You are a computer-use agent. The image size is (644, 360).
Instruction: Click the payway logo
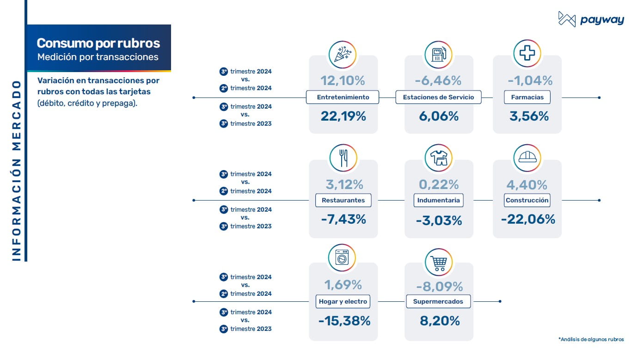(x=591, y=19)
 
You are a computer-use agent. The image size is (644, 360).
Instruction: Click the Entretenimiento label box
(x=343, y=98)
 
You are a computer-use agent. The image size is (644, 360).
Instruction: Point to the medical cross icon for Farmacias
(x=527, y=54)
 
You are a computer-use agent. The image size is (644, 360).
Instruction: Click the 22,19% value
(x=343, y=116)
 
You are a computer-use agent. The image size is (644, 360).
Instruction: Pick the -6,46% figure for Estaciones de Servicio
(x=438, y=81)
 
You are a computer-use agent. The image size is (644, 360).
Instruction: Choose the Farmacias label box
(x=527, y=98)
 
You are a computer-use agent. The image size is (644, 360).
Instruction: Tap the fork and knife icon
(x=343, y=158)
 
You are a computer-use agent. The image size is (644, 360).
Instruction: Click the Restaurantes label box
(x=343, y=201)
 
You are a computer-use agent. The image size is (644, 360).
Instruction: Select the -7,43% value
(x=343, y=220)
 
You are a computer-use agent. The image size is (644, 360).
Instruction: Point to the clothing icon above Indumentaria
(x=438, y=158)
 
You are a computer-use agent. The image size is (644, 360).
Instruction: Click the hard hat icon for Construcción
(x=527, y=158)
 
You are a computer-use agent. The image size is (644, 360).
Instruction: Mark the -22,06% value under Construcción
(x=527, y=220)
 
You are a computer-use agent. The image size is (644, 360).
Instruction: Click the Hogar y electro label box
(x=343, y=302)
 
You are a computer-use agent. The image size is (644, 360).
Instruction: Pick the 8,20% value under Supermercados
(x=440, y=321)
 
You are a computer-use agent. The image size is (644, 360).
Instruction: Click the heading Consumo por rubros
(x=98, y=43)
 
